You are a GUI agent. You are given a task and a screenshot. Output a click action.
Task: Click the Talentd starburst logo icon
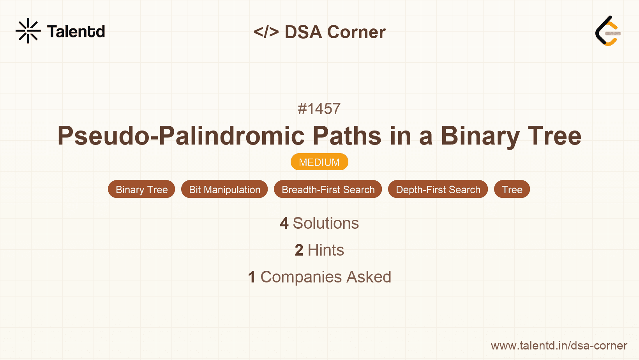click(x=28, y=31)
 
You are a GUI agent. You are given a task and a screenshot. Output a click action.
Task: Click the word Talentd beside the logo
click(x=76, y=32)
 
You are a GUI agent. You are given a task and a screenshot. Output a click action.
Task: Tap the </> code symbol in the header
click(x=266, y=32)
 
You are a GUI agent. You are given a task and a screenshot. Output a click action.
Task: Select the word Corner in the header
click(x=356, y=32)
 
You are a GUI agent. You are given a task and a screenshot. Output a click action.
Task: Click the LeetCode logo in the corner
click(x=608, y=31)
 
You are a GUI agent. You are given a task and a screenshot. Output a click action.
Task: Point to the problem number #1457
click(x=319, y=109)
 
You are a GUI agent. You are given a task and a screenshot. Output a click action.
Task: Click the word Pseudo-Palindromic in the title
click(x=181, y=136)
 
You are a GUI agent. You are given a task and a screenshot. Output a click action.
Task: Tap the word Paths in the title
click(x=347, y=136)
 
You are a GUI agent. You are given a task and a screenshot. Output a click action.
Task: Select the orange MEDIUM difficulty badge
click(x=319, y=162)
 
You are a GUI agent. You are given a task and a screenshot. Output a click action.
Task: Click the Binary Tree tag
click(x=141, y=189)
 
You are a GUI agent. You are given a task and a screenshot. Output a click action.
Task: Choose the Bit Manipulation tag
click(x=224, y=189)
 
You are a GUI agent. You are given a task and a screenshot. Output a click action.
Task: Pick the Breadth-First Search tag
click(x=328, y=189)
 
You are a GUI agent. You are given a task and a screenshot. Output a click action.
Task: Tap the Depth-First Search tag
click(x=438, y=189)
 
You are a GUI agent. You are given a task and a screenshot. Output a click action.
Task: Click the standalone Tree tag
click(x=512, y=189)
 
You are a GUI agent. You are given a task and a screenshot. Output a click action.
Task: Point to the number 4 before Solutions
click(x=284, y=223)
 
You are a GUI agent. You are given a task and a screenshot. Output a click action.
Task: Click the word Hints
click(x=326, y=250)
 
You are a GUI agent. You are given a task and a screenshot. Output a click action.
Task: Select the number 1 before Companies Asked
click(x=252, y=277)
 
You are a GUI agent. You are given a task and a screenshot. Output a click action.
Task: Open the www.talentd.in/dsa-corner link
click(x=559, y=346)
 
